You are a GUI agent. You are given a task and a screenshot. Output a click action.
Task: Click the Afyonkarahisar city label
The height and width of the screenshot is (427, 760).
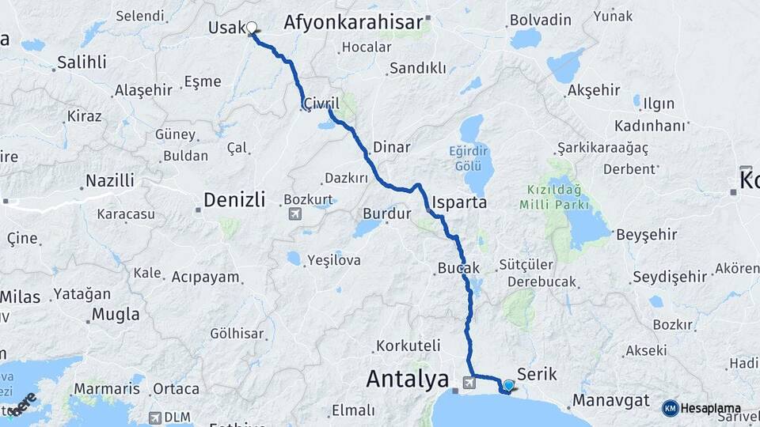353,22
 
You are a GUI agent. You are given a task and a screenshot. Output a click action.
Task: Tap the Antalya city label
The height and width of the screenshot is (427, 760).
407,380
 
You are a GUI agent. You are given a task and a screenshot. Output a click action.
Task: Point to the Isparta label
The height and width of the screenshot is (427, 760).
460,202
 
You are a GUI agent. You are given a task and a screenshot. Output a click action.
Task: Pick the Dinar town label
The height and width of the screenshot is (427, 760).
391,147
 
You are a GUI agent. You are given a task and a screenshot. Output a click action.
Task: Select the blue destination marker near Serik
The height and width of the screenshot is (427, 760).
508,385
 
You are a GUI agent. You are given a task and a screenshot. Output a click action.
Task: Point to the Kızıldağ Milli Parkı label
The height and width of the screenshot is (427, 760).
554,198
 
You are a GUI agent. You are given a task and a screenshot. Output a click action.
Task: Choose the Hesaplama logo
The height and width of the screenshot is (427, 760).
702,408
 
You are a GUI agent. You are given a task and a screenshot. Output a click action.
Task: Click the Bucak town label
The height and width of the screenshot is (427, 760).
458,269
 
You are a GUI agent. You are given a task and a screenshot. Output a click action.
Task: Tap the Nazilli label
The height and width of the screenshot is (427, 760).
110,181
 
